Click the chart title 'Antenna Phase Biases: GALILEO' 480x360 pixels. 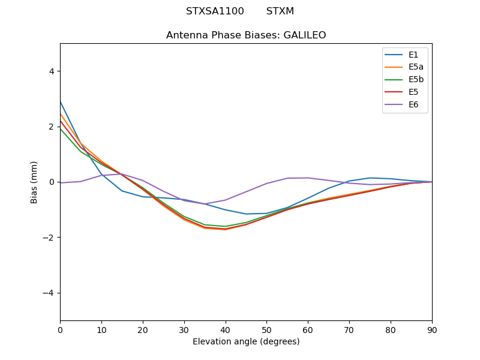[x=246, y=35]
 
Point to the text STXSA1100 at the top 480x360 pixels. [x=215, y=11]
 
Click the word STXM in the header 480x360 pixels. [x=280, y=11]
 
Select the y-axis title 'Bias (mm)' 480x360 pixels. [x=34, y=182]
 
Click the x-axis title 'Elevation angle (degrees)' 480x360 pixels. [x=246, y=342]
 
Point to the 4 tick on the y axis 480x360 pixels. [x=51, y=71]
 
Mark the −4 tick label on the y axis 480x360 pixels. [x=49, y=293]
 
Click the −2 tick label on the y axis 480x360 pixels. [x=49, y=238]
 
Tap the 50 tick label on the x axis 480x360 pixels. [x=266, y=329]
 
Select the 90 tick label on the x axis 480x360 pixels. [x=432, y=329]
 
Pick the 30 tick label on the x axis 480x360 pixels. [x=184, y=329]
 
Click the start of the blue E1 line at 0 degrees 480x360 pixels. [x=61, y=102]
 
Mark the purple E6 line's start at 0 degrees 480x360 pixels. [x=61, y=183]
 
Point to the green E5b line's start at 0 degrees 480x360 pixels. [x=61, y=129]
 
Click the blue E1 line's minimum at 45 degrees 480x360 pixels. [x=246, y=214]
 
